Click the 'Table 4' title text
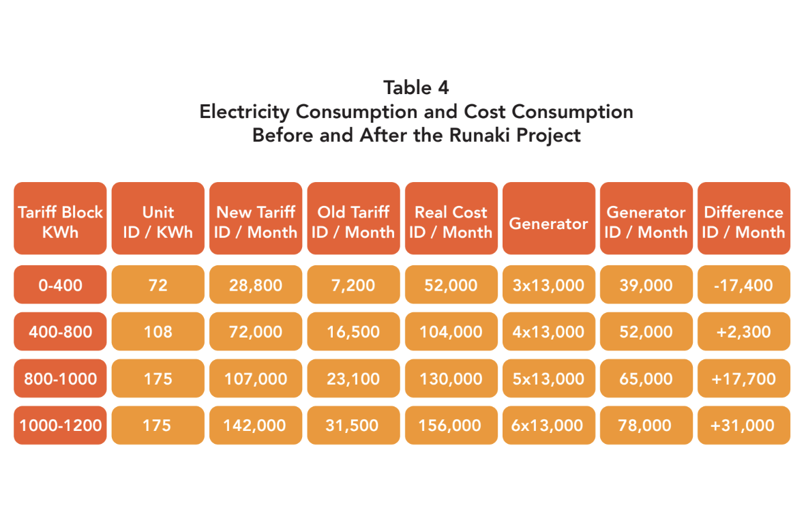(x=416, y=88)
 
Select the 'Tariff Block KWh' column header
(x=60, y=222)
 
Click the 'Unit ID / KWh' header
(x=158, y=222)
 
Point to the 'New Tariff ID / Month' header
(x=256, y=222)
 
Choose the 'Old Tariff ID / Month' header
(x=353, y=222)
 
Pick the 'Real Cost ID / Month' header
(x=451, y=222)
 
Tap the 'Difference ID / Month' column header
(x=743, y=222)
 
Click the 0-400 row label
(x=60, y=285)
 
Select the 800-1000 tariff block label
(x=60, y=378)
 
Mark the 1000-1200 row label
(x=60, y=425)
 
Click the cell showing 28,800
(x=256, y=285)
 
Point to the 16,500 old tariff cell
(x=353, y=332)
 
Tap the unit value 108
(x=158, y=332)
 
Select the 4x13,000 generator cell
(x=548, y=332)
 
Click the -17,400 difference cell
(x=743, y=285)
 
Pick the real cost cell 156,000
(x=451, y=425)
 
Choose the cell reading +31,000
(x=743, y=425)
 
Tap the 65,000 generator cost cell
(x=646, y=378)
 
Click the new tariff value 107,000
(x=256, y=378)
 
